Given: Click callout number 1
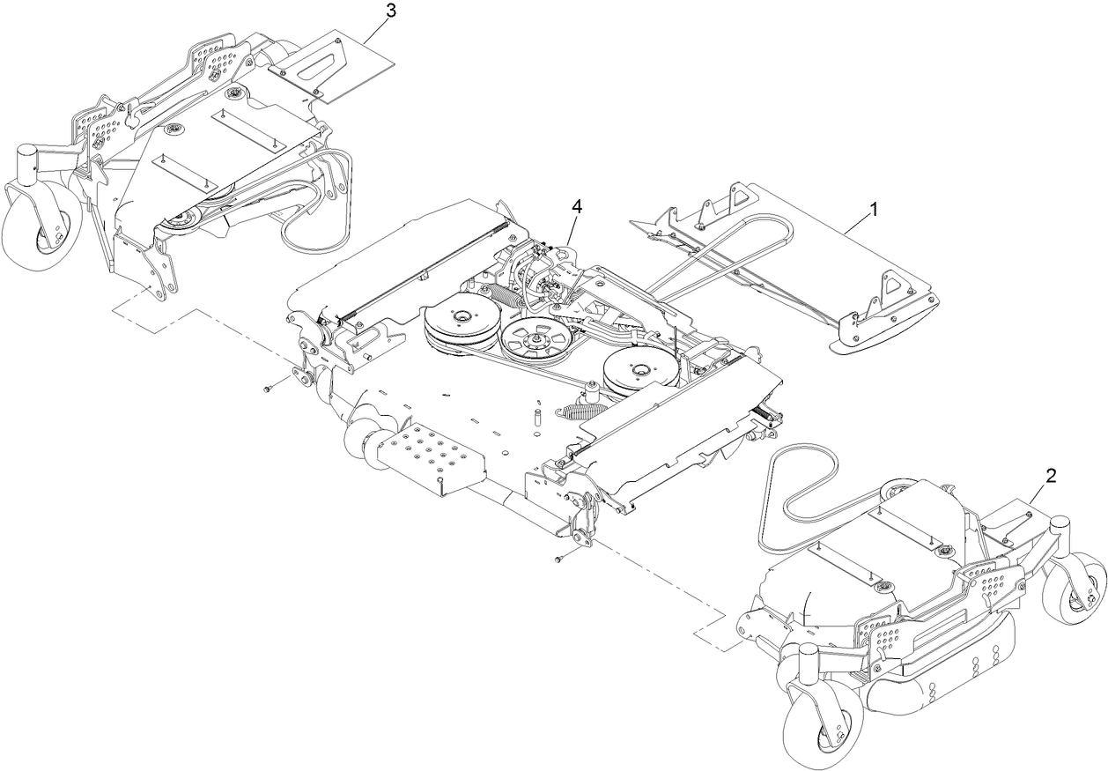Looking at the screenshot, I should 873,210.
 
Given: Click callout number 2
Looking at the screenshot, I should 1050,474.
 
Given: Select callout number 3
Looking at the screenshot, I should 391,11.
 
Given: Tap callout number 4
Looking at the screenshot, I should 577,206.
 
